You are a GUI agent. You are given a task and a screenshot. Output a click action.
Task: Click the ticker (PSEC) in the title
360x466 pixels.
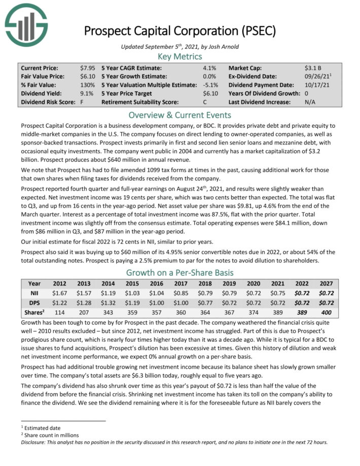coord(257,31)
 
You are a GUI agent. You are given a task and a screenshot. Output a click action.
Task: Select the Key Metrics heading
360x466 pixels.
coord(180,57)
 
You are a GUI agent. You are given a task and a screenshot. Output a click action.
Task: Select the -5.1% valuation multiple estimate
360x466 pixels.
coord(209,85)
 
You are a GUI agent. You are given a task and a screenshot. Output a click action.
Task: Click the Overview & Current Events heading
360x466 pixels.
coord(180,114)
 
